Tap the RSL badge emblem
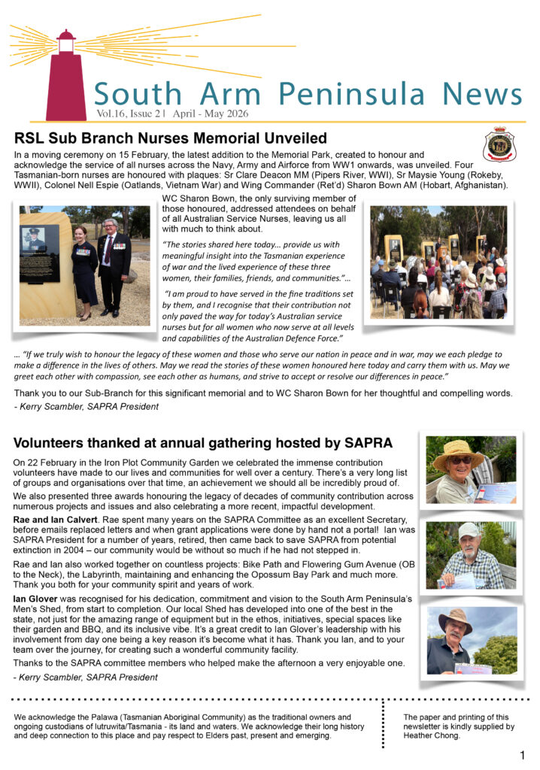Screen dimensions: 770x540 [499, 144]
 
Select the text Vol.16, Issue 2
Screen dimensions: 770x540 [127, 114]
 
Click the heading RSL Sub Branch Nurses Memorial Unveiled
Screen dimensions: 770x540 [170, 138]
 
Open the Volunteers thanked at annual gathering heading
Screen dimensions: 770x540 [202, 443]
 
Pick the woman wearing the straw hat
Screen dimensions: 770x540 [460, 470]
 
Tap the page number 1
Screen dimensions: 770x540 [522, 754]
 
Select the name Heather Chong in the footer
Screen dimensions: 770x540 [434, 736]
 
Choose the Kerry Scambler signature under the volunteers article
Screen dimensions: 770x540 [86, 677]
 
